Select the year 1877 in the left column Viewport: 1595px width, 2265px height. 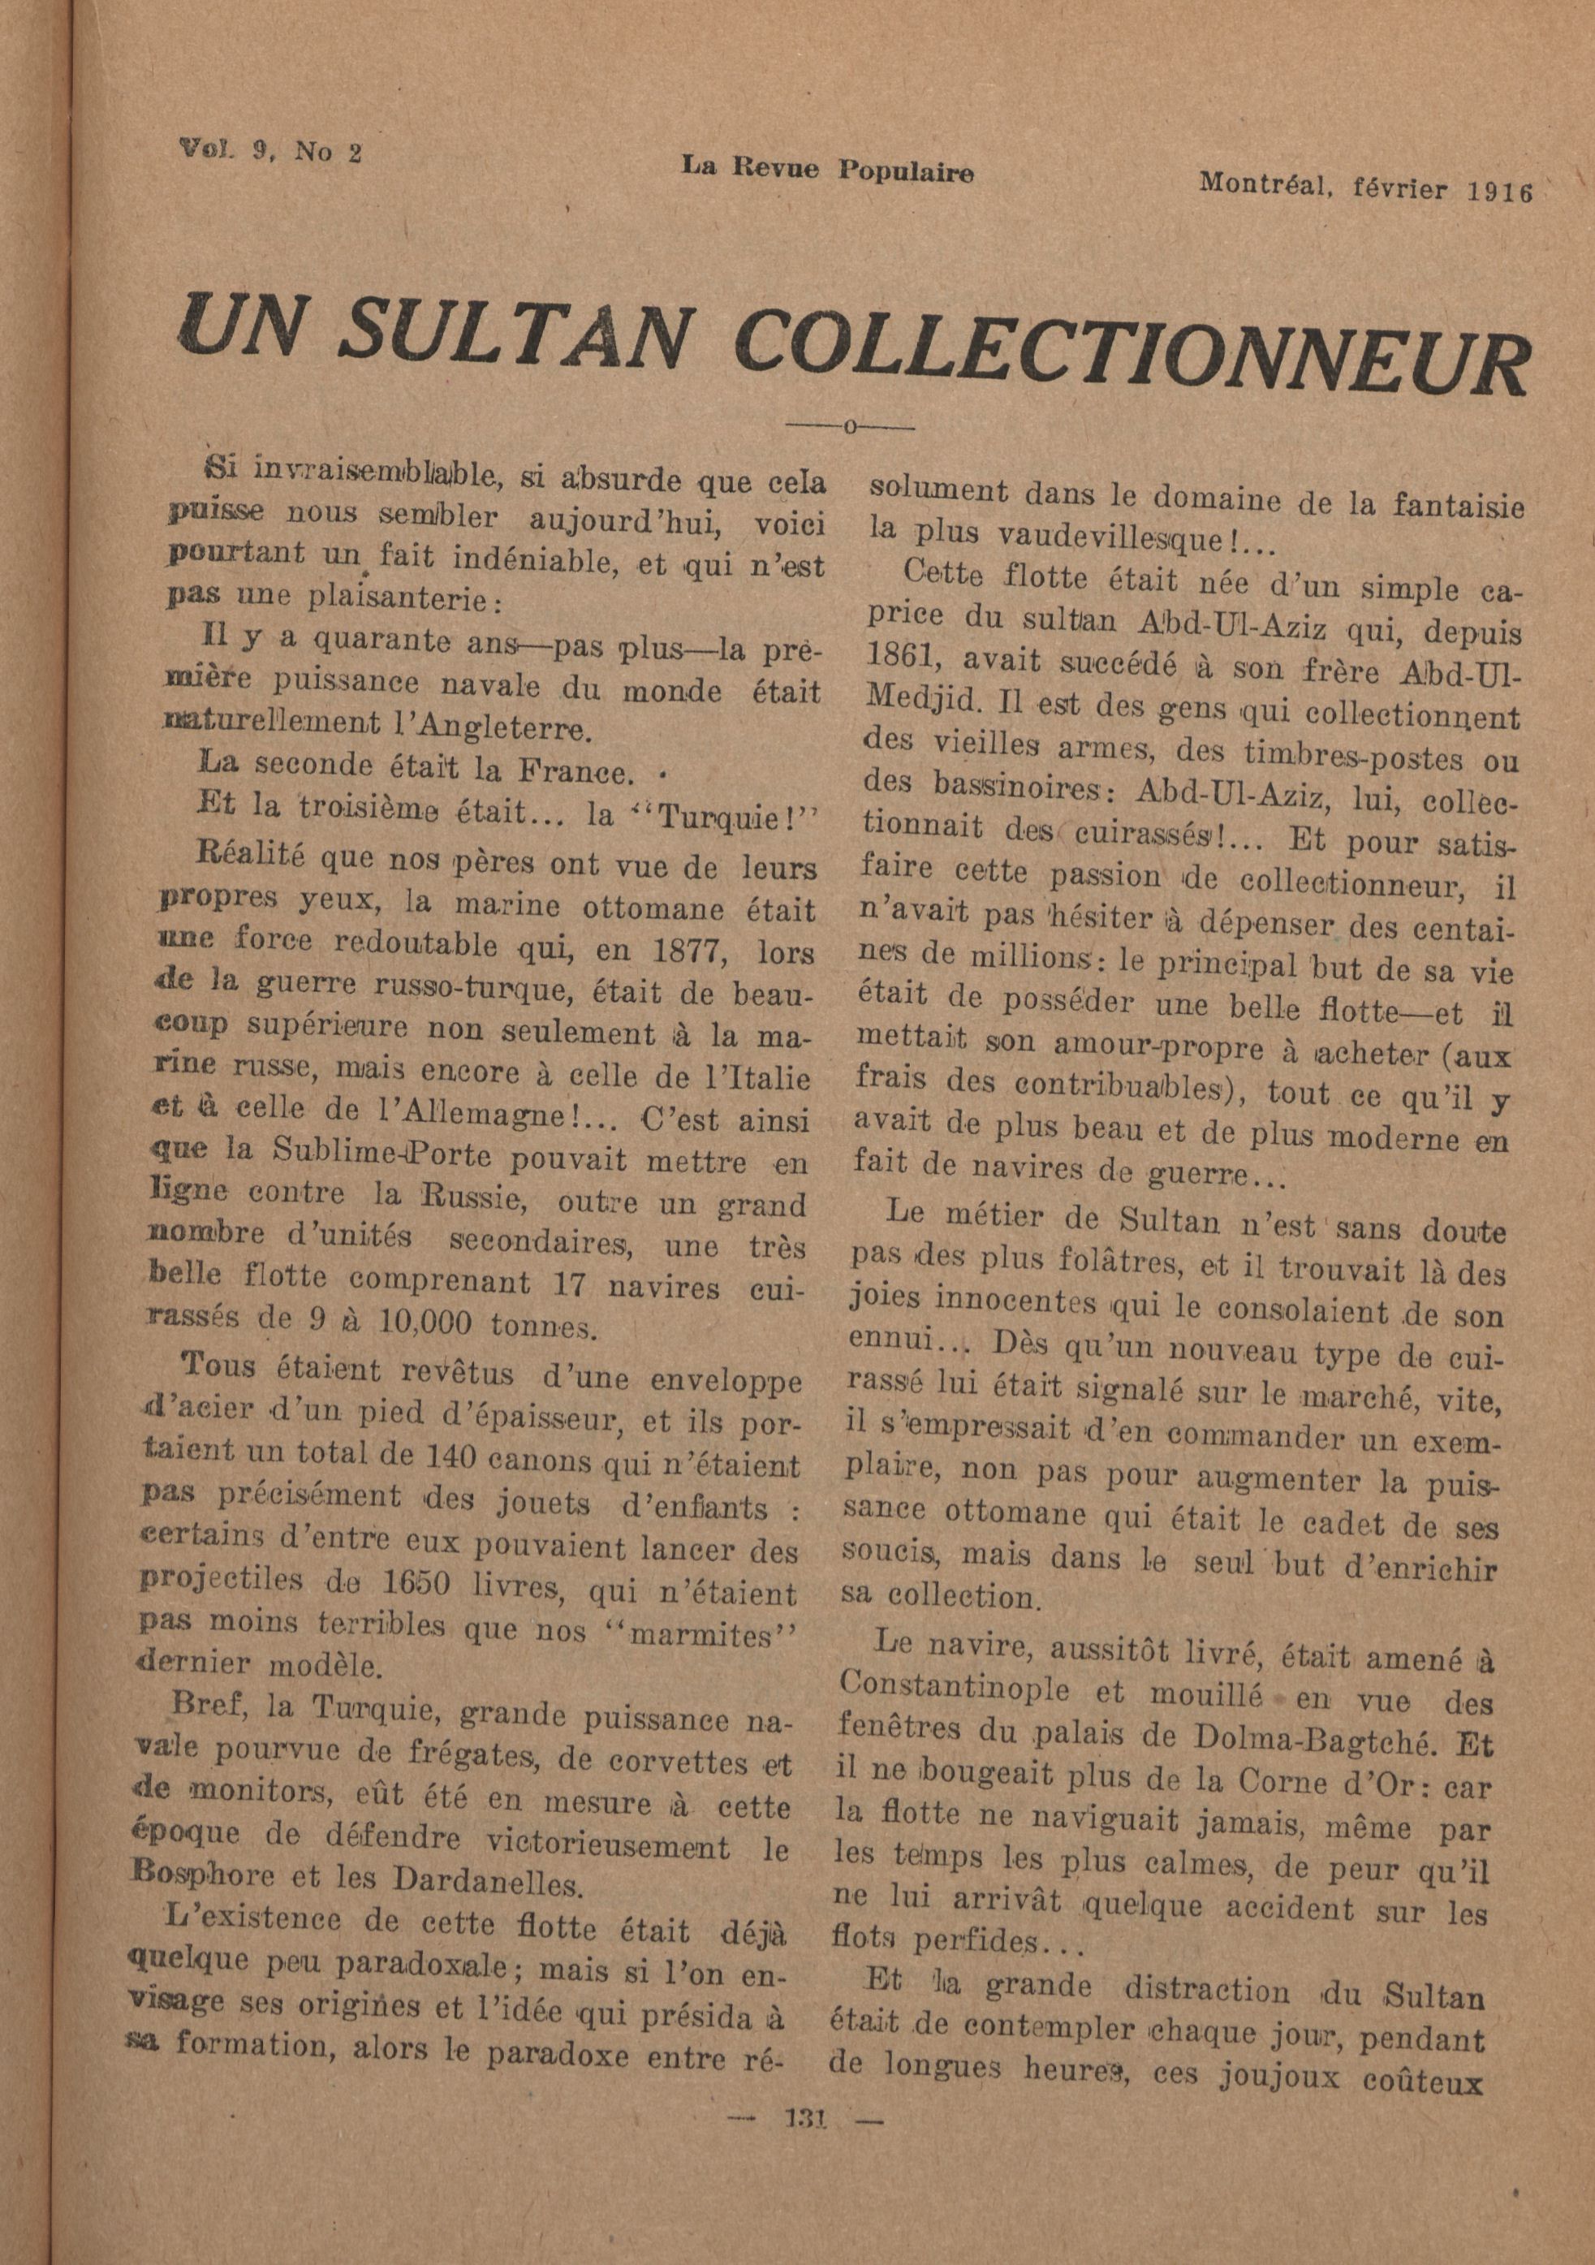(706, 951)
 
